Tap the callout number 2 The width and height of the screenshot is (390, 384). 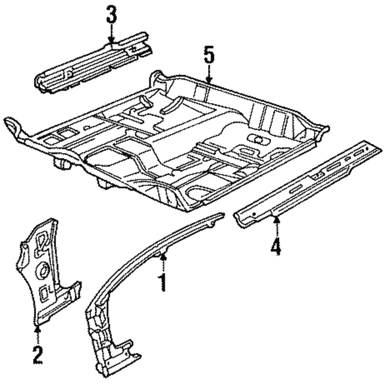click(37, 353)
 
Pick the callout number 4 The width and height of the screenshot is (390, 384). click(275, 247)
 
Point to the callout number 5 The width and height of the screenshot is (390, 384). click(209, 55)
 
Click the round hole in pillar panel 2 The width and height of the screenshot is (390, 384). click(43, 269)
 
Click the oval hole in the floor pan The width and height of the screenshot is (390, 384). click(258, 138)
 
